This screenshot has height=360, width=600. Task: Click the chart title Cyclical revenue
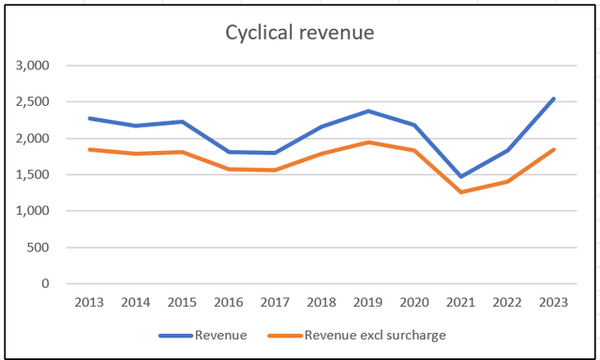tap(299, 33)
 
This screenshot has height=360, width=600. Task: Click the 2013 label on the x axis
tap(89, 303)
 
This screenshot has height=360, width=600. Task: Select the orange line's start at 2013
tap(89, 149)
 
